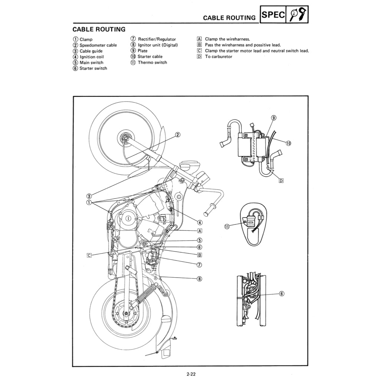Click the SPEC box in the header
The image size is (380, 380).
click(273, 14)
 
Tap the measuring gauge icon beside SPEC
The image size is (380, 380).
click(297, 14)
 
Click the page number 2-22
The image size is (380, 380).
click(191, 374)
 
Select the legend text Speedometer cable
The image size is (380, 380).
click(98, 45)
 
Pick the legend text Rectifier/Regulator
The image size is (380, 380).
click(157, 39)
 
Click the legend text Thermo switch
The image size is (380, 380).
click(152, 62)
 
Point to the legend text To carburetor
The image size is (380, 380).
click(219, 56)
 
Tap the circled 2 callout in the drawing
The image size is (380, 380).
click(178, 135)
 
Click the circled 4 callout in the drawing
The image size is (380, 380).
click(200, 222)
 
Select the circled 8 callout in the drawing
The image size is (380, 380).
click(199, 279)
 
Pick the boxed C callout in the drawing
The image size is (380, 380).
click(89, 255)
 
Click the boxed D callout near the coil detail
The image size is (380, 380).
click(281, 181)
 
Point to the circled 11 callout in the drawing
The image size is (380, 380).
click(227, 226)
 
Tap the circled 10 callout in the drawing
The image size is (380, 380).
click(288, 143)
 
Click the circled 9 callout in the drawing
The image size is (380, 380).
click(273, 118)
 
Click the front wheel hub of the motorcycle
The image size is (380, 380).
click(125, 139)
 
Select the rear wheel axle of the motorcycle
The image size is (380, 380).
click(127, 314)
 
